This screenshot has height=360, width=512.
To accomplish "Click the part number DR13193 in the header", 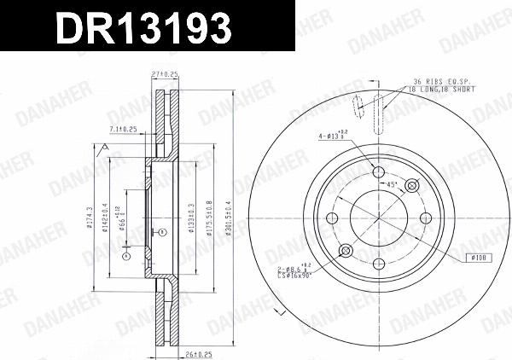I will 143,28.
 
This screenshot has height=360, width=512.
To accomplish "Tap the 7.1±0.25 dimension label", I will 124,129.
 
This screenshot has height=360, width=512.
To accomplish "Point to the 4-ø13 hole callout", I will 335,134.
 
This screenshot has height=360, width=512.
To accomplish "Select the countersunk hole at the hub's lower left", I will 346,250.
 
